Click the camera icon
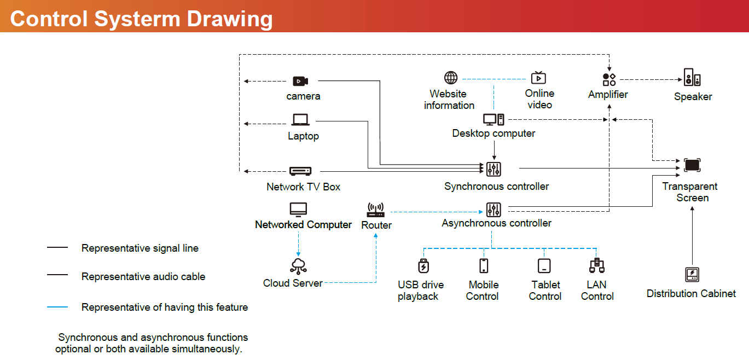tap(300, 81)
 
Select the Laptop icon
tap(300, 120)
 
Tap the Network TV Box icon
tap(300, 171)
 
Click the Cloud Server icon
tap(298, 266)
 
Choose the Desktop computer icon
tap(493, 119)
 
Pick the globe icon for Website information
tap(450, 78)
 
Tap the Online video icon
tap(538, 77)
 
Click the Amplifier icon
tap(609, 80)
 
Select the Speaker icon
tap(692, 77)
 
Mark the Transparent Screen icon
tap(692, 165)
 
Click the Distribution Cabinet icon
tap(692, 274)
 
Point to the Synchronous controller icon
tap(493, 169)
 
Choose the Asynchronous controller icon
tap(493, 209)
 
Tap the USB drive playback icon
tap(422, 266)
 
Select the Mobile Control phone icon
tap(484, 266)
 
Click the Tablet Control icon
tap(544, 266)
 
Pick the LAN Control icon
tap(596, 266)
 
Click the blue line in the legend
tap(57, 307)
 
